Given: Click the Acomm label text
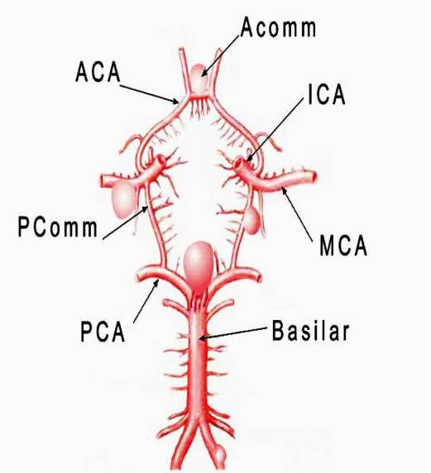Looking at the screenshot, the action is pyautogui.click(x=278, y=27).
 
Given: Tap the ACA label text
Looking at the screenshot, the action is pyautogui.click(x=98, y=73).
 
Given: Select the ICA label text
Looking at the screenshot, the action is pyautogui.click(x=326, y=94).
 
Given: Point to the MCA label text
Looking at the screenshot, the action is pyautogui.click(x=343, y=246).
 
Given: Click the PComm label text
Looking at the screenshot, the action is pyautogui.click(x=58, y=227).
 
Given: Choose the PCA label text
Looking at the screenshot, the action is pyautogui.click(x=103, y=331).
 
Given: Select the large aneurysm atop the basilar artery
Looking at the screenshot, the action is pyautogui.click(x=199, y=267).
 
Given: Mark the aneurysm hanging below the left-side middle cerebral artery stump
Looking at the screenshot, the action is pyautogui.click(x=123, y=198).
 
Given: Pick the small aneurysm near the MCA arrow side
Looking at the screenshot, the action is pyautogui.click(x=251, y=221).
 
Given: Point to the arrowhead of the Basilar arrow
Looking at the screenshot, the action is pyautogui.click(x=203, y=338).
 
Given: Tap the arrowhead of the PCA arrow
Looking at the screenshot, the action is pyautogui.click(x=156, y=283).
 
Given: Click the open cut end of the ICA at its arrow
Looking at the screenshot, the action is pyautogui.click(x=239, y=163).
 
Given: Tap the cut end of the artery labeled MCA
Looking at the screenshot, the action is pyautogui.click(x=314, y=177).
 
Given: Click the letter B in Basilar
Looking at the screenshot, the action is pyautogui.click(x=278, y=330).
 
